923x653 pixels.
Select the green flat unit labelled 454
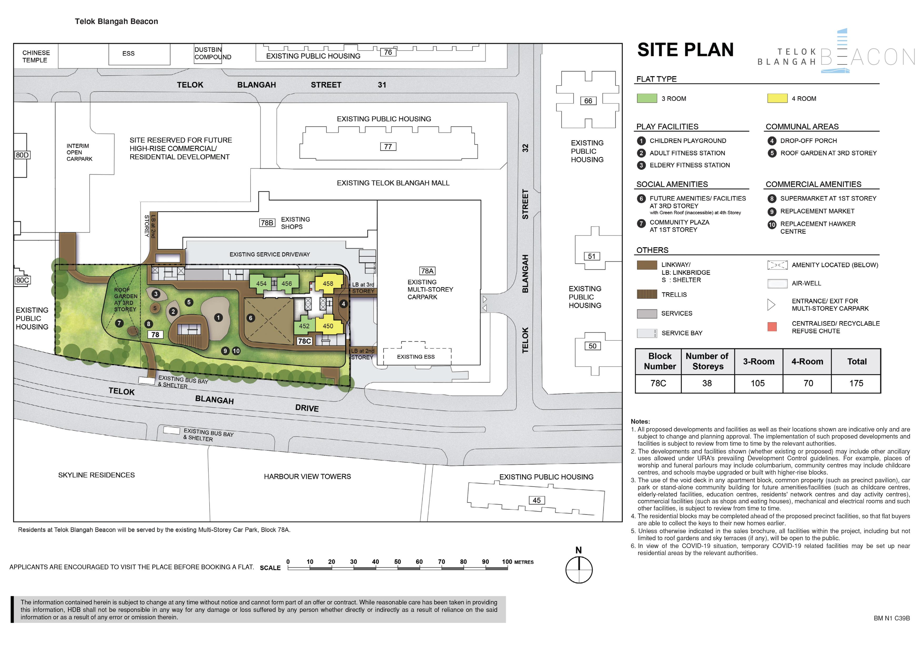click(x=261, y=283)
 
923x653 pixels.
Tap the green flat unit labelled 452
click(x=304, y=326)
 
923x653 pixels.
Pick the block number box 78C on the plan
click(x=304, y=341)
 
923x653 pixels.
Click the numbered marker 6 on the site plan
click(x=251, y=318)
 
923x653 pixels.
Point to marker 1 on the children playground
click(x=218, y=318)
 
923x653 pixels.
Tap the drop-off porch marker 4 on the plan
click(x=343, y=304)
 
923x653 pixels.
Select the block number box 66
click(x=588, y=101)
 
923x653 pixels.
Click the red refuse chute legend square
click(x=772, y=326)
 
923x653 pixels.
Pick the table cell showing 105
click(x=758, y=383)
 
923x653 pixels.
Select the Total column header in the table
click(x=857, y=361)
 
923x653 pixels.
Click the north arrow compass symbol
click(x=579, y=569)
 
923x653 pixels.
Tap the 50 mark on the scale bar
click(x=398, y=562)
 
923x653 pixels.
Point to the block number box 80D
click(x=22, y=155)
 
